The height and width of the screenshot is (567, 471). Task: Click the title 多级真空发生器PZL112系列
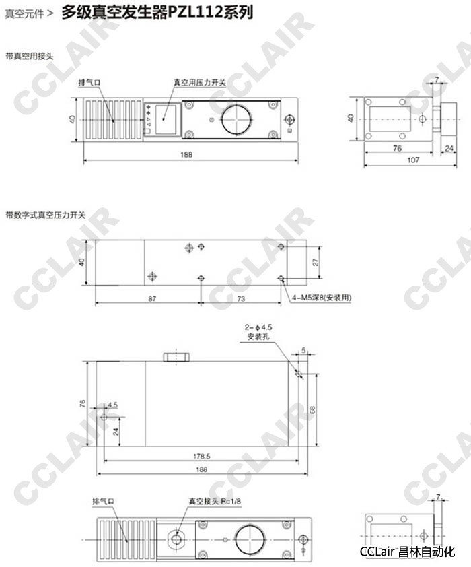[157, 12]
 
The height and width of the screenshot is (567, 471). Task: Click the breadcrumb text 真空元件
[24, 13]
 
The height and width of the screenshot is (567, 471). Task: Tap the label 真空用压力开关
[199, 82]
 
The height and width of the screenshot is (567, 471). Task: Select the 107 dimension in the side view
[413, 160]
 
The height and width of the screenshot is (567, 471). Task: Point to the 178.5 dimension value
[202, 456]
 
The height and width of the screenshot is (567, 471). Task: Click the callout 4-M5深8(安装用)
[322, 298]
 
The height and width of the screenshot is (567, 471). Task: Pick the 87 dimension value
[152, 299]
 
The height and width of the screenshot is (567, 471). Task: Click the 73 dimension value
[241, 299]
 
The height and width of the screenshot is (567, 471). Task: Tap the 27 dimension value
[316, 262]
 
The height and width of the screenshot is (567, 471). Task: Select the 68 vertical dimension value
[312, 409]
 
